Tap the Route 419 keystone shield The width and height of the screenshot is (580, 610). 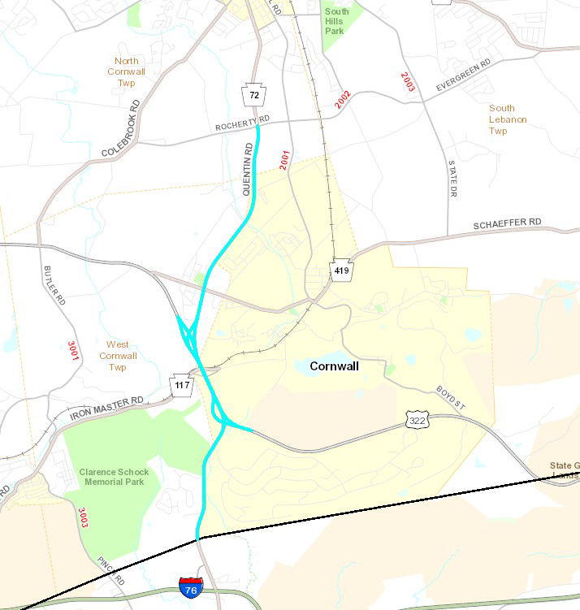tap(341, 270)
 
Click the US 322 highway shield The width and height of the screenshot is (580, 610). tap(416, 420)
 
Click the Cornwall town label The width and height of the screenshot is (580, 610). tap(334, 366)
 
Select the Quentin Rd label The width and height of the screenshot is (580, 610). tap(248, 169)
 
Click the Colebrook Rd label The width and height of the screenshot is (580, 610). tap(121, 129)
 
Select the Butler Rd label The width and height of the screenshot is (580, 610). tap(54, 284)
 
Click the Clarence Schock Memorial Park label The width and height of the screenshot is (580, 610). tap(111, 477)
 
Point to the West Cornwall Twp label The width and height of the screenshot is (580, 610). tap(118, 356)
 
